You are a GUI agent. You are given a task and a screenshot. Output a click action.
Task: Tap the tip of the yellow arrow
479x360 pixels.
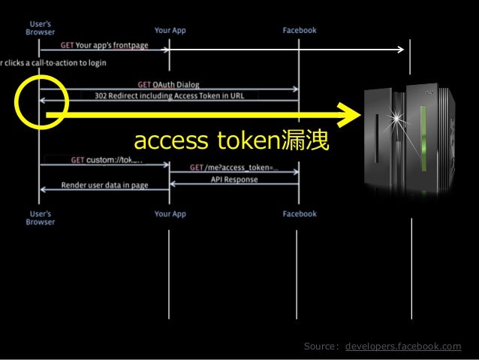359,116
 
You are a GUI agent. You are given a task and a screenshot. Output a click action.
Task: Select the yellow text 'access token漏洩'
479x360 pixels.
230,141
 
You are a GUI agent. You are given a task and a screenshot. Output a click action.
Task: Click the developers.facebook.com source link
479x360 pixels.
403,346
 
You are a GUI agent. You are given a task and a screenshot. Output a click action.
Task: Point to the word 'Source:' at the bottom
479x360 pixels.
321,346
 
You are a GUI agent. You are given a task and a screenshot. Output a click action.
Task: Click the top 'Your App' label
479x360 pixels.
170,31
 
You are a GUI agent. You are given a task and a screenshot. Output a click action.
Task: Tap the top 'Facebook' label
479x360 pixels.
300,31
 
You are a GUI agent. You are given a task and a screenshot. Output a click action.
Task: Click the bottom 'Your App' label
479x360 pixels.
170,214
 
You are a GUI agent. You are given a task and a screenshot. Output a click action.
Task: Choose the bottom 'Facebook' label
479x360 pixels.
300,214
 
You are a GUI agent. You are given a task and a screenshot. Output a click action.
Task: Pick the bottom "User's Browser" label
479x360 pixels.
39,217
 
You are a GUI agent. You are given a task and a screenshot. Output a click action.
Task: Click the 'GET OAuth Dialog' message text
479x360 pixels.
168,84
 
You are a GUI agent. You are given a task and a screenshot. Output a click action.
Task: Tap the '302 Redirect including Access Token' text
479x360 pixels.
169,95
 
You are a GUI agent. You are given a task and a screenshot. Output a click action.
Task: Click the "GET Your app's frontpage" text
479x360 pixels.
104,45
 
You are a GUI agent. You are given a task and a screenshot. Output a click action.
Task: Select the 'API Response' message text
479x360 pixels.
233,180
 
